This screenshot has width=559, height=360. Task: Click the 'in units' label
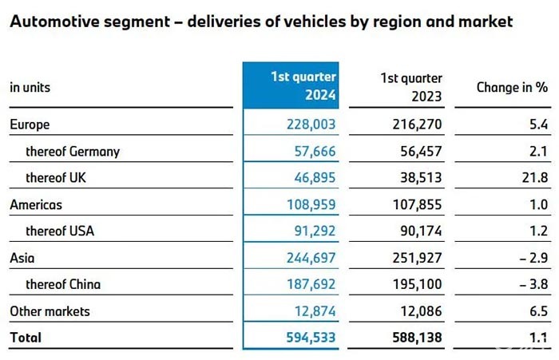[x=30, y=87]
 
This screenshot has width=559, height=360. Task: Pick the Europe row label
[x=30, y=125]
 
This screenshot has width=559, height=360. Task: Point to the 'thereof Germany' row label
[x=73, y=151]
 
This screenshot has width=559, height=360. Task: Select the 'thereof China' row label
[x=63, y=284]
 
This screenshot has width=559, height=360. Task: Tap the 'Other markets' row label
[x=50, y=311]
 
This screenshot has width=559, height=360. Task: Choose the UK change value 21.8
[x=532, y=177]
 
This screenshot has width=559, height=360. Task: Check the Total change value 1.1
[x=535, y=338]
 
